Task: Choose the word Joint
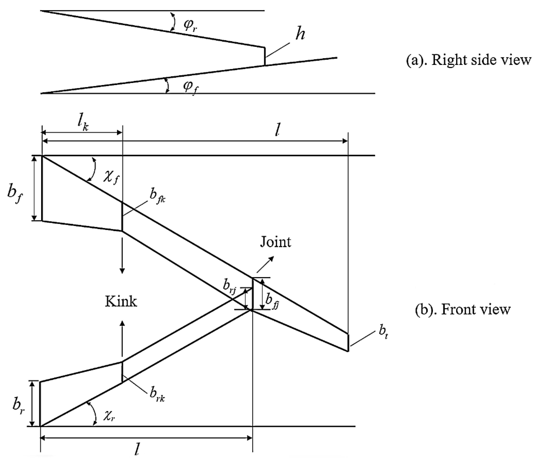click(x=275, y=242)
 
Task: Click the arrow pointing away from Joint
click(x=265, y=264)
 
